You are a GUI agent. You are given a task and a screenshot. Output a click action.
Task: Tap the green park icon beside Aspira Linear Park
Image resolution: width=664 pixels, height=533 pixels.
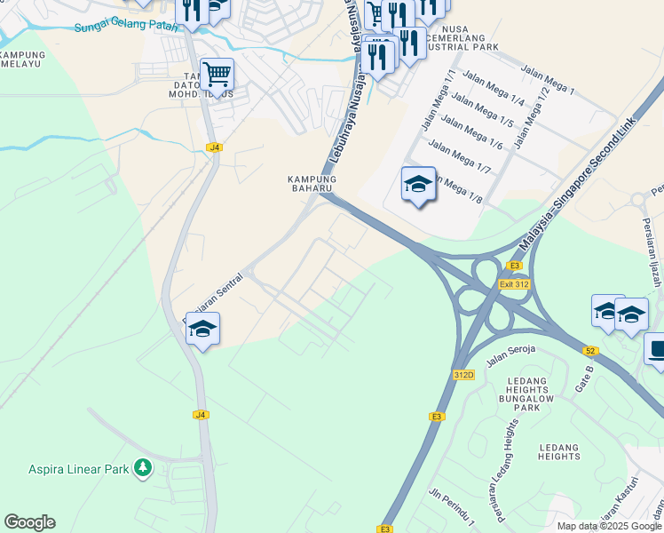click(x=142, y=467)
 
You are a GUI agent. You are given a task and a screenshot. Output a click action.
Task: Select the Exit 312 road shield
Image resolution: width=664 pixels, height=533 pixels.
click(x=514, y=284)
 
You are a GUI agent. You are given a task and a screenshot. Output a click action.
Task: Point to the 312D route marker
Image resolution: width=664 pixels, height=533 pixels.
click(x=463, y=375)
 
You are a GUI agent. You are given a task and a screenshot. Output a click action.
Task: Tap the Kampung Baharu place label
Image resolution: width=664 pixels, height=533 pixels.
click(x=310, y=183)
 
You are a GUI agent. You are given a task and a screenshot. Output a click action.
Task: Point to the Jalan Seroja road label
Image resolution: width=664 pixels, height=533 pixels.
click(x=510, y=356)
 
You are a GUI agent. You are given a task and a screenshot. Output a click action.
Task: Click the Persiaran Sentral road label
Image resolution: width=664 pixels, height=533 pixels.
click(x=212, y=298)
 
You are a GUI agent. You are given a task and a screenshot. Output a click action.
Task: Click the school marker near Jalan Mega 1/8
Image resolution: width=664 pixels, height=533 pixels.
click(x=418, y=185)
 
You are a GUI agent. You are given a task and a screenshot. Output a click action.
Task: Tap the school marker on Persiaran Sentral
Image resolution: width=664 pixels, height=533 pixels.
click(x=202, y=330)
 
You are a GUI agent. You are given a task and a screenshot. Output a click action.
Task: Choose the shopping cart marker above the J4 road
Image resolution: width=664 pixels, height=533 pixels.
click(x=217, y=74)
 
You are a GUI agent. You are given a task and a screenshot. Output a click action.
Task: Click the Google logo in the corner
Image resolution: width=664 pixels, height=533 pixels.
click(x=29, y=522)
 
